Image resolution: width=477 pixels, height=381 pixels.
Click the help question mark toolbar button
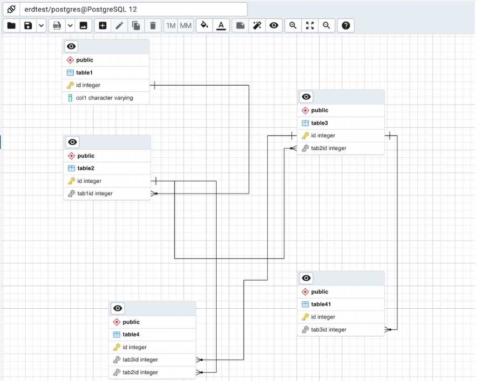pyautogui.click(x=346, y=26)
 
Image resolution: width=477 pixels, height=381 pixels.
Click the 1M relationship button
pyautogui.click(x=171, y=26)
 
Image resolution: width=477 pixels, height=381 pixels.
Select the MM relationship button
pyautogui.click(x=185, y=26)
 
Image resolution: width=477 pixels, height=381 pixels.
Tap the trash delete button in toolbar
pyautogui.click(x=153, y=26)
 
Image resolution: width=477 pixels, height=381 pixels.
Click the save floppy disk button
pyautogui.click(x=28, y=26)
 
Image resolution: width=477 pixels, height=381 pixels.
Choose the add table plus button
pyautogui.click(x=103, y=26)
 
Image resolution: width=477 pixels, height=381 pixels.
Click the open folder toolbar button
pyautogui.click(x=12, y=26)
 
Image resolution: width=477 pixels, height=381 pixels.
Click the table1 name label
pyautogui.click(x=84, y=73)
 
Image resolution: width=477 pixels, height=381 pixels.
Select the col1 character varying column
pyautogui.click(x=104, y=98)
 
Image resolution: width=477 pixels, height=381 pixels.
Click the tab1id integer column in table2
pyautogui.click(x=95, y=194)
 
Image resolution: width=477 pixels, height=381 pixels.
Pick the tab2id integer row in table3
pyautogui.click(x=329, y=148)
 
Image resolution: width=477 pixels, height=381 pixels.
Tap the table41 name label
pyautogui.click(x=321, y=305)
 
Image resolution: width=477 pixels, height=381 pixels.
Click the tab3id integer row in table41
pyautogui.click(x=329, y=330)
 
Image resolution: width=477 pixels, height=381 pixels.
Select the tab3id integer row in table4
pyautogui.click(x=140, y=360)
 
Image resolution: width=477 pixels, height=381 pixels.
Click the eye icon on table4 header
pyautogui.click(x=118, y=308)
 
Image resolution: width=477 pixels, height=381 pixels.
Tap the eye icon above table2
pyautogui.click(x=72, y=142)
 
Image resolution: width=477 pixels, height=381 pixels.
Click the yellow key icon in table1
pyautogui.click(x=70, y=85)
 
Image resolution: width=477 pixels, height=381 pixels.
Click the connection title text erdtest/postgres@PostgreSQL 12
pyautogui.click(x=81, y=9)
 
